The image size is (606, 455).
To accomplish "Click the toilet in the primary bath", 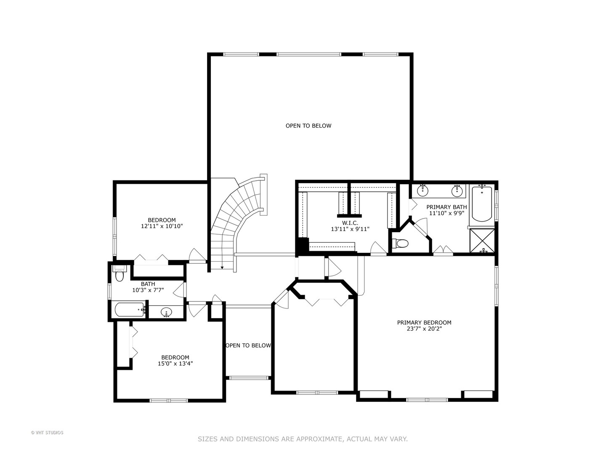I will [401, 244].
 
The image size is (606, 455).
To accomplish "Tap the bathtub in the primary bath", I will [482, 204].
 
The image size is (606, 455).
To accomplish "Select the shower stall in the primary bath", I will [482, 241].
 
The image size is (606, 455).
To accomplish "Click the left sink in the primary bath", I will [422, 191].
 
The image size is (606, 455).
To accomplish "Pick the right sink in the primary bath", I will [457, 191].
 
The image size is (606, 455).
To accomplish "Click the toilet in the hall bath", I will [120, 275].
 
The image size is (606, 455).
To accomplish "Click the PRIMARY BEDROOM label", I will [424, 323].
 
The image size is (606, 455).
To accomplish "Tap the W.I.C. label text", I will [350, 223].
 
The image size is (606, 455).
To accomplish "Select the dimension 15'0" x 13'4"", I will [175, 364].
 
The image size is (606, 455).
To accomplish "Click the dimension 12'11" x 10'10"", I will [162, 226].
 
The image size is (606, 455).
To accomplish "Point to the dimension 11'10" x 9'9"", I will [446, 213].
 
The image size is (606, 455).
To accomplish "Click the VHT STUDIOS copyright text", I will [47, 433].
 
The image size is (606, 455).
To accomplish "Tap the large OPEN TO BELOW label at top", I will [308, 126].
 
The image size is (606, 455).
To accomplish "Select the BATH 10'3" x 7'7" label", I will [148, 287].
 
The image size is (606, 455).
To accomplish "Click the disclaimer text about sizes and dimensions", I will [303, 439].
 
